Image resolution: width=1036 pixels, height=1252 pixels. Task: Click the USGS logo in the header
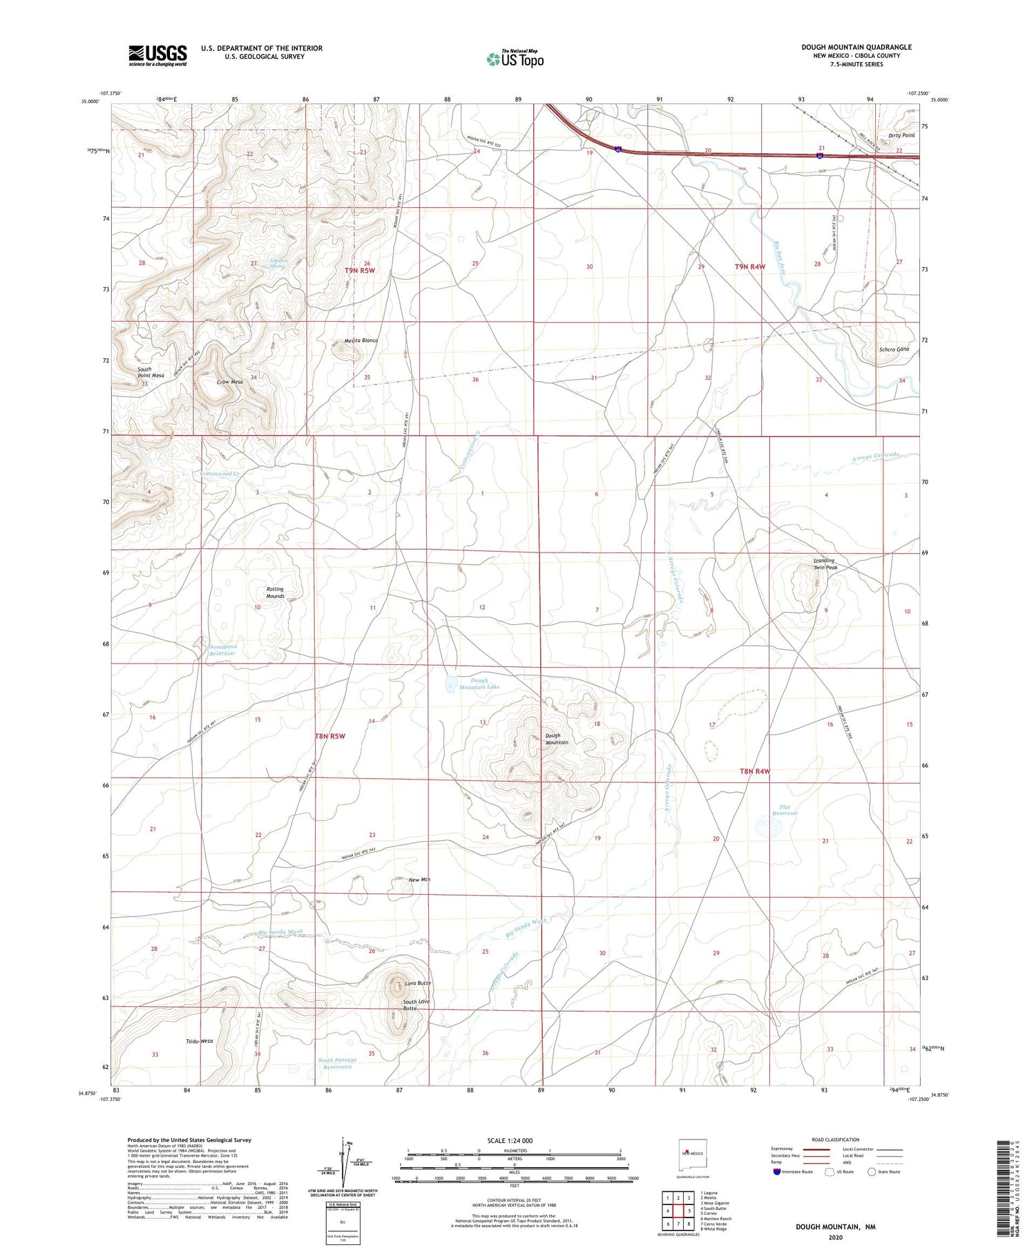157,55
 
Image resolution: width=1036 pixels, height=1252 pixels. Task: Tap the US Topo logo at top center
515,59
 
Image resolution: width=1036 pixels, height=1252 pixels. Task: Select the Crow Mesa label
230,382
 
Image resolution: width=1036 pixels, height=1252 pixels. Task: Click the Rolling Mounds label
275,593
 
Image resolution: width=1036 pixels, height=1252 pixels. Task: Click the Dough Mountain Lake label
479,684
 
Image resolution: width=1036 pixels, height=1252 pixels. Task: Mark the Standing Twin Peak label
824,564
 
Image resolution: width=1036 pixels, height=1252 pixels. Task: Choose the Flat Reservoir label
785,810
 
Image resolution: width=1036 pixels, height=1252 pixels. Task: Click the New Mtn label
419,880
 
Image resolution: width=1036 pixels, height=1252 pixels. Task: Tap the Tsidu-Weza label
199,1041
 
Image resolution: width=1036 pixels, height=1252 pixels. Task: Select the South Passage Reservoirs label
337,1063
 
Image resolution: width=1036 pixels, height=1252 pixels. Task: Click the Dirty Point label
901,135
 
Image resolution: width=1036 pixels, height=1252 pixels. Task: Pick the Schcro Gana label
894,349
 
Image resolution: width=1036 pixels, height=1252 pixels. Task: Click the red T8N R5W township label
330,736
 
